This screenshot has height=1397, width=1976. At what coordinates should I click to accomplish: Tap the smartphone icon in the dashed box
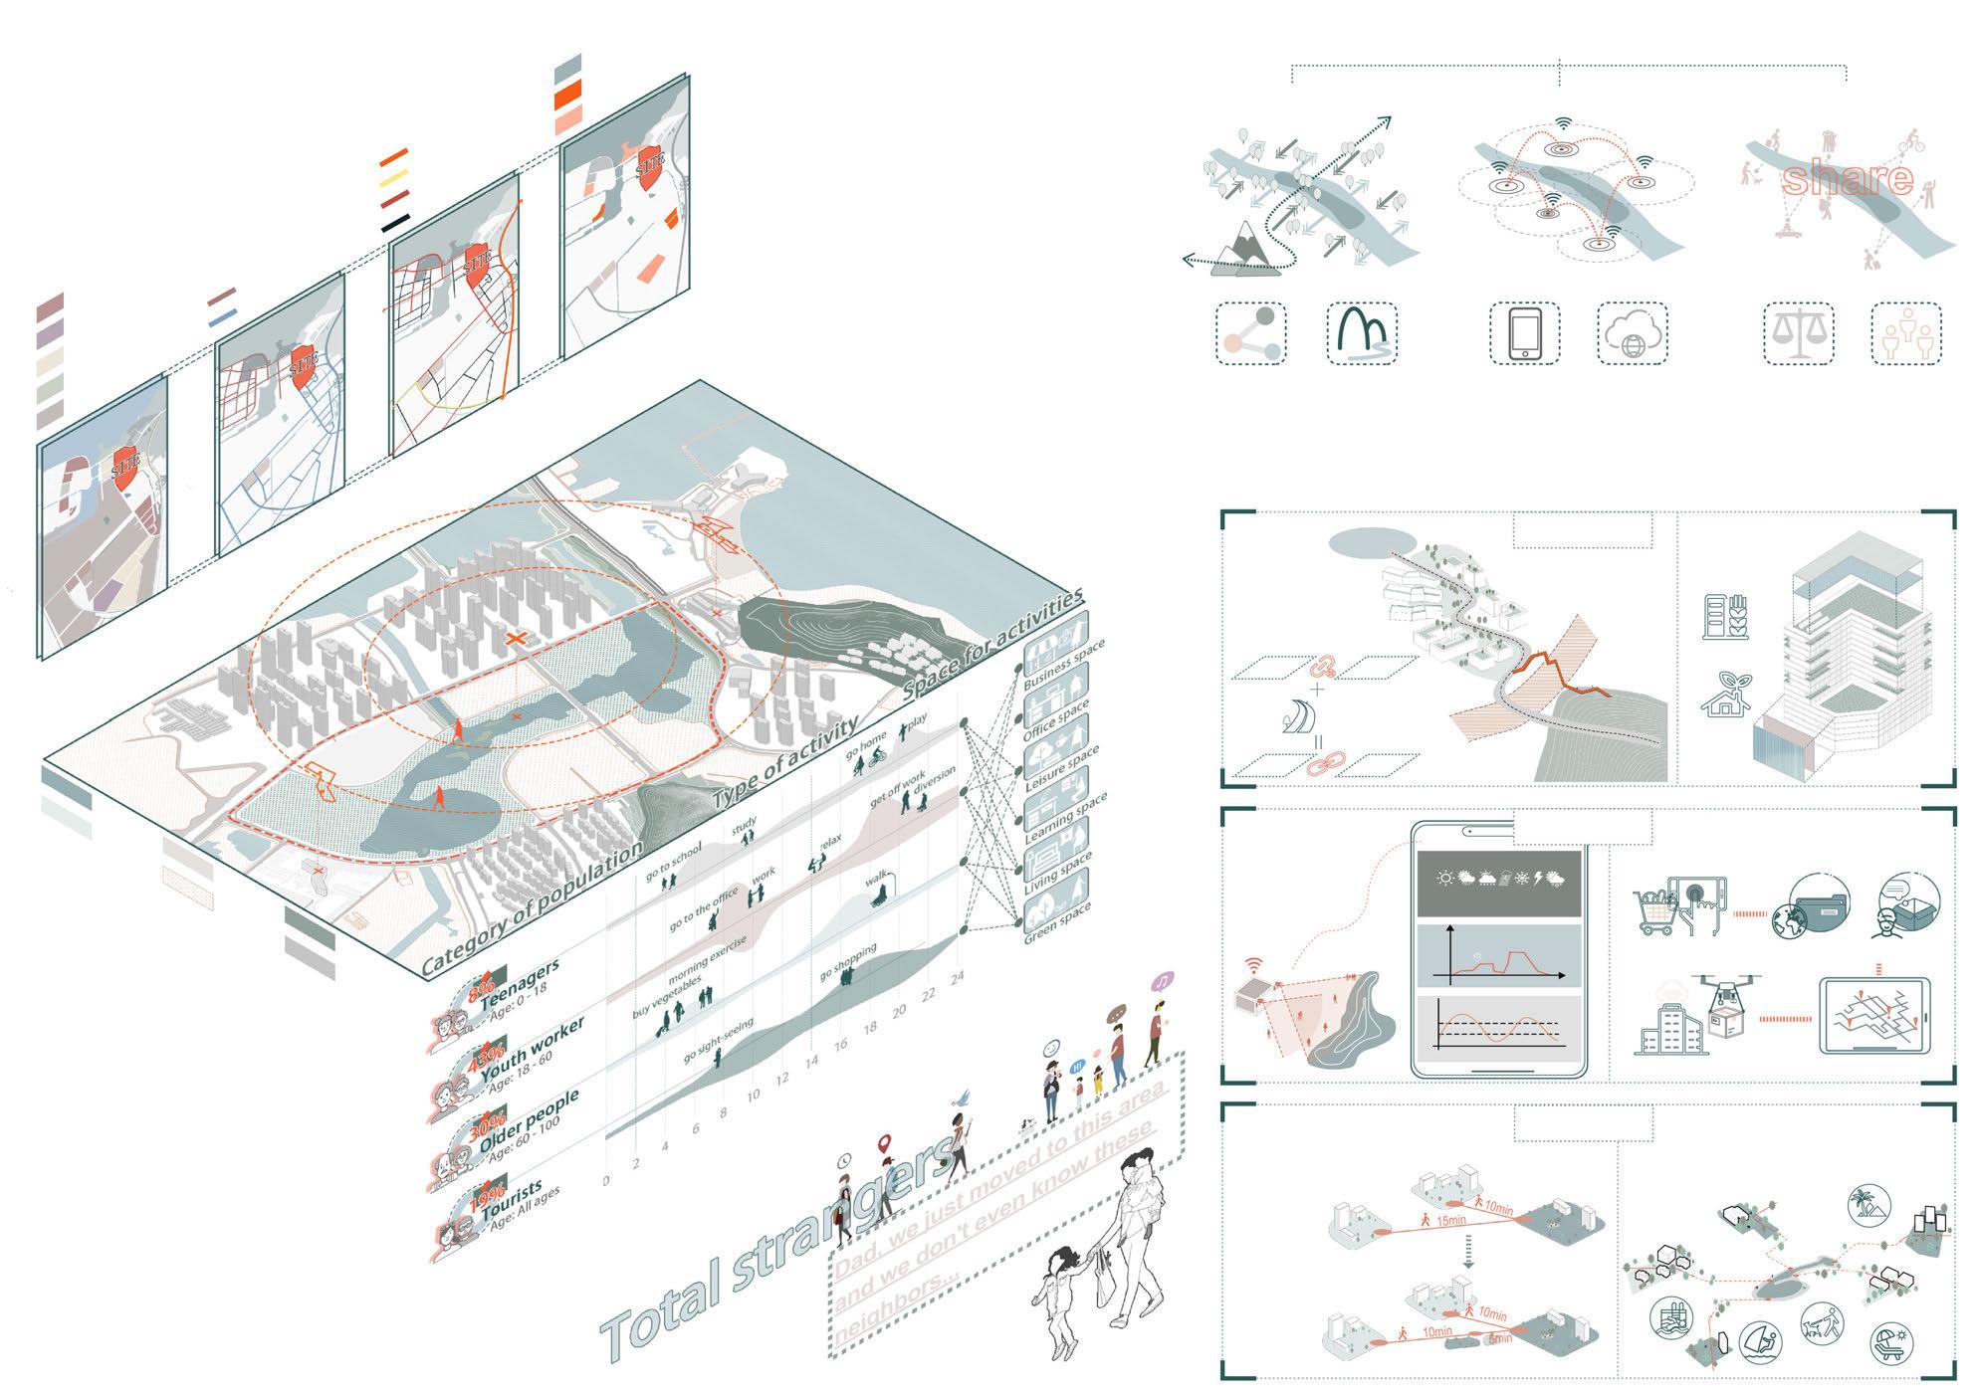click(1524, 333)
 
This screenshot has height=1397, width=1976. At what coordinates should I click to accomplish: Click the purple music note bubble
click(1163, 980)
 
